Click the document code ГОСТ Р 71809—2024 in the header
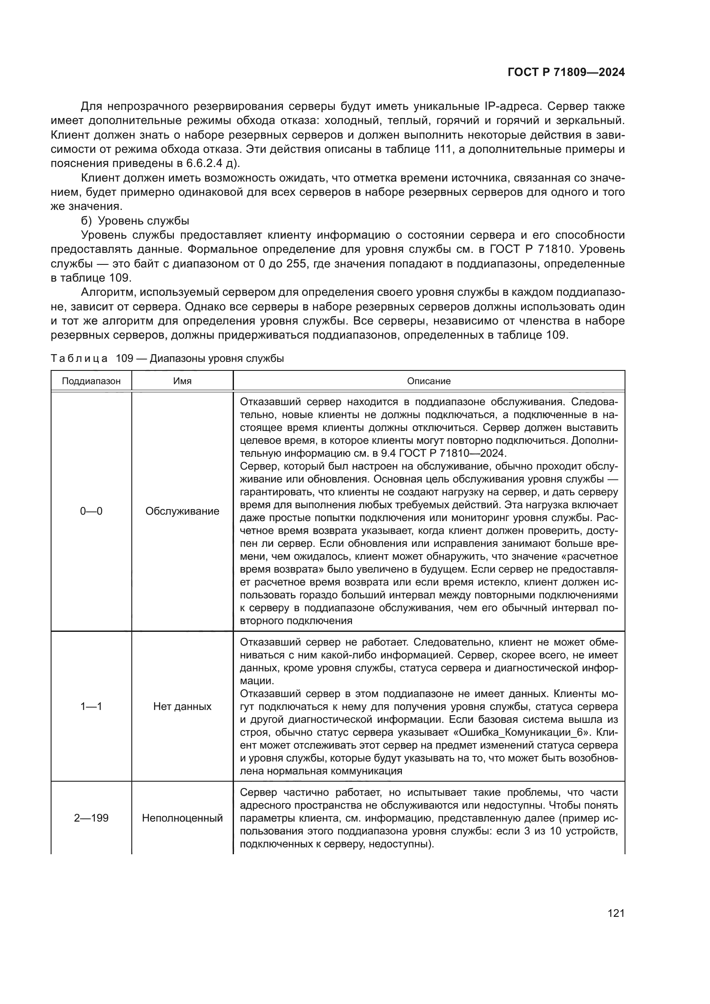[566, 73]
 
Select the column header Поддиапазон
[91, 381]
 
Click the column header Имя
[182, 381]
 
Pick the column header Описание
[428, 381]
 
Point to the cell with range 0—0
[91, 511]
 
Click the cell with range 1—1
[91, 706]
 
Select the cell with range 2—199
[91, 818]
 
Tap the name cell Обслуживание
[182, 511]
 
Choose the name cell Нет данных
[182, 706]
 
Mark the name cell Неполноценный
[182, 818]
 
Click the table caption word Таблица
[79, 358]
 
